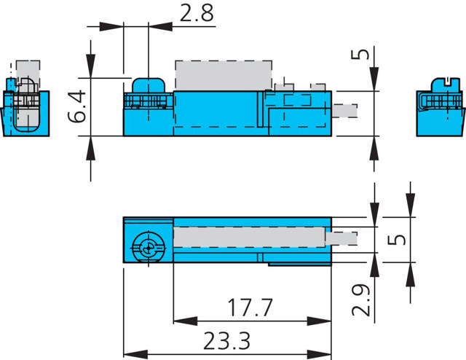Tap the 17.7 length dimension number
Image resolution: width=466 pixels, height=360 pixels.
[249, 308]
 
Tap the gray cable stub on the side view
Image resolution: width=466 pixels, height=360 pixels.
[345, 111]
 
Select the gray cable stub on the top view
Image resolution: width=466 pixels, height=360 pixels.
[344, 238]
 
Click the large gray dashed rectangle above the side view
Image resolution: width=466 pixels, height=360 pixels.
[224, 75]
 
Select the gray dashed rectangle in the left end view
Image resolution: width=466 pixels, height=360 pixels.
[27, 74]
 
